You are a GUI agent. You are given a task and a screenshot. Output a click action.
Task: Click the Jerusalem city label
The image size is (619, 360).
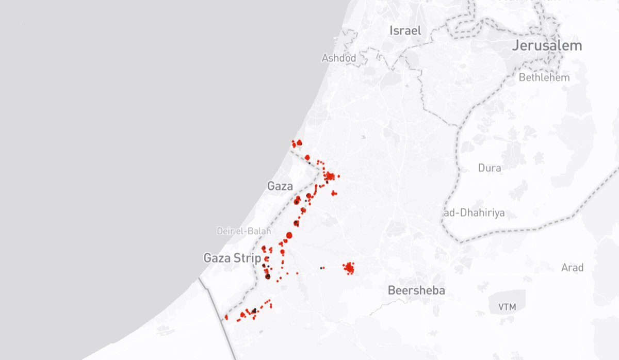pos(547,45)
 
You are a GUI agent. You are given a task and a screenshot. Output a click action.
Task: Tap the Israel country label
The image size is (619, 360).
pos(405,30)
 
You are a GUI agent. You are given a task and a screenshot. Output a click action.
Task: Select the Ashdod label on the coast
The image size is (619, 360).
pos(339,58)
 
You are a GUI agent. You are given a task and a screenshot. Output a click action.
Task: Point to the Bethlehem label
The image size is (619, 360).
pos(544,78)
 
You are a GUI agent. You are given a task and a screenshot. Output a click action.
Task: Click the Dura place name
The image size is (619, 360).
pos(490,168)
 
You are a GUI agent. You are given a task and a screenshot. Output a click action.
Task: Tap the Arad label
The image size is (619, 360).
pos(573,267)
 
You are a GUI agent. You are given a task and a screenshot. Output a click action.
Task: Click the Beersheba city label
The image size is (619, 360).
pos(416,290)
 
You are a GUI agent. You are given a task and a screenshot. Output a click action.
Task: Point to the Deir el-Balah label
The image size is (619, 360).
pos(243,232)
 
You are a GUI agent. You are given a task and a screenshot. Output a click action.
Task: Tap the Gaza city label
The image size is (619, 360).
pos(280,186)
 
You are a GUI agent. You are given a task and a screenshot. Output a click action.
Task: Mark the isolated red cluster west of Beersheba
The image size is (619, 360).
pos(349,268)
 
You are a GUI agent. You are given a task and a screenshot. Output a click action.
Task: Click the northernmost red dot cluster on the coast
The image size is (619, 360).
pos(297,143)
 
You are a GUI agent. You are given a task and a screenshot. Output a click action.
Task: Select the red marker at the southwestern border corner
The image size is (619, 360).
pos(226,317)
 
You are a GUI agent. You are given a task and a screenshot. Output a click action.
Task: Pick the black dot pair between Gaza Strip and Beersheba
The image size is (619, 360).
pos(321,268)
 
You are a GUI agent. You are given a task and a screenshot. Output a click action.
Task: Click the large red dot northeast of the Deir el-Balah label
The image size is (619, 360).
pos(289,235)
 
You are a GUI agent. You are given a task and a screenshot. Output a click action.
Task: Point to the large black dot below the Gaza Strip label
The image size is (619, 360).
pos(268,276)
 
